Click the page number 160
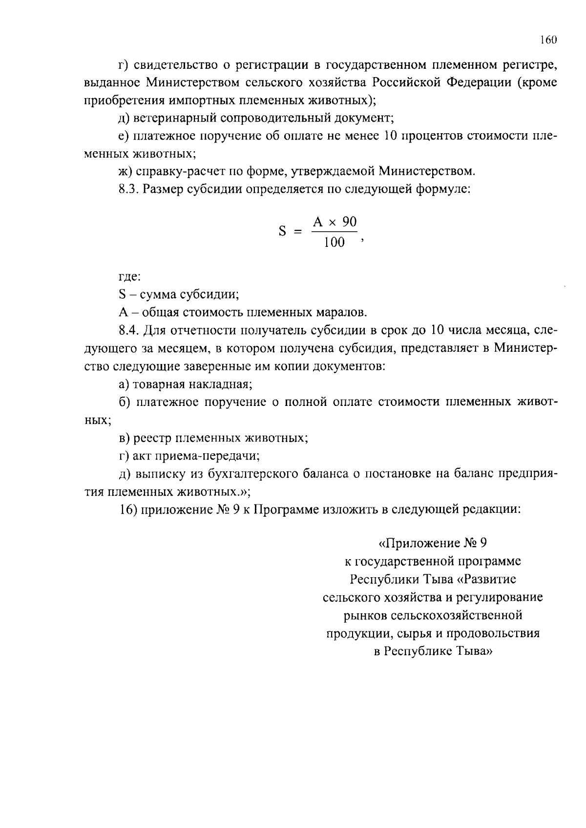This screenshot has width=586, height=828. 548,40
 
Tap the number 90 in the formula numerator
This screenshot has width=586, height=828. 349,222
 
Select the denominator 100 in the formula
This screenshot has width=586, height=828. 334,242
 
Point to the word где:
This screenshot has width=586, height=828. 129,277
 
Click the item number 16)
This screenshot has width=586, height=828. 128,510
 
